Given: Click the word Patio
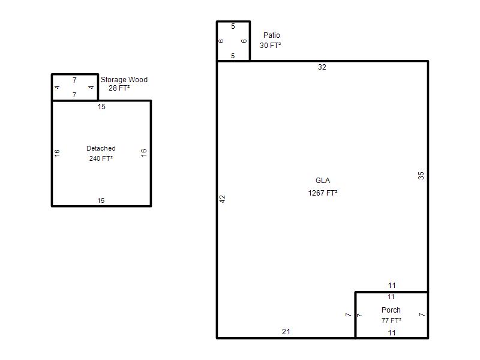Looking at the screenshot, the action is [x=272, y=35].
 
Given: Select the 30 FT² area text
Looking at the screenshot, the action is [x=271, y=46].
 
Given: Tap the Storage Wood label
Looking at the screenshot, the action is [x=124, y=80].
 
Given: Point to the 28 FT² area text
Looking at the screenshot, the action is [x=119, y=88].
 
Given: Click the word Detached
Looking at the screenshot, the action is [x=101, y=148].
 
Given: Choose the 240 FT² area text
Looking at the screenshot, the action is [x=101, y=158].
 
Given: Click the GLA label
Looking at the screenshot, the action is [x=323, y=181].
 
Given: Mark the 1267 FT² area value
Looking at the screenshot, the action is [x=323, y=193].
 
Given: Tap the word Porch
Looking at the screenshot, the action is [x=391, y=310].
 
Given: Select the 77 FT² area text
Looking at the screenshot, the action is [x=391, y=320].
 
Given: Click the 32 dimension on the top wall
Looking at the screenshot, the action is [x=322, y=67].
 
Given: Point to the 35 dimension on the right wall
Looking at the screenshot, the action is [x=421, y=175].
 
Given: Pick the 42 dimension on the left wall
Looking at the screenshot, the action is [x=222, y=199].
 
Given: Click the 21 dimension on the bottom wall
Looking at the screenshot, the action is [x=286, y=332].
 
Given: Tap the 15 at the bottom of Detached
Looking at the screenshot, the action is [x=101, y=200].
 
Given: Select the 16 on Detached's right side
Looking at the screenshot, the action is [x=143, y=152].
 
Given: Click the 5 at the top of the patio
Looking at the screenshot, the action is [x=233, y=26].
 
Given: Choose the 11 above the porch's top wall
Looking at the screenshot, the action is [x=392, y=286].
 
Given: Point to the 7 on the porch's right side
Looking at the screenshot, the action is [x=422, y=314].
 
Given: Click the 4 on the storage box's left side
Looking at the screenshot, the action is [x=57, y=87].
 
